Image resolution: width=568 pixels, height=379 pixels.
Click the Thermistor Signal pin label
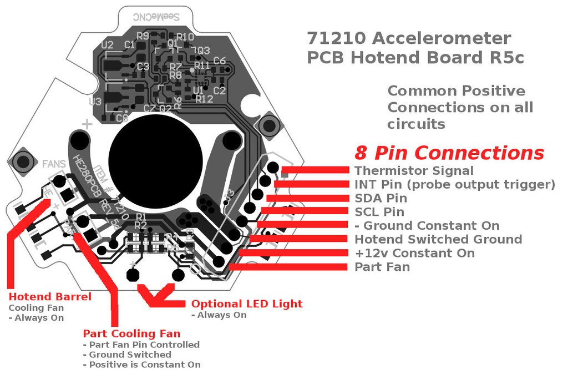pos(414,170)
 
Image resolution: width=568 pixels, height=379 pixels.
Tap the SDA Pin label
pos(381,198)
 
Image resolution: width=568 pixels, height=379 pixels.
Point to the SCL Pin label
pos(379,212)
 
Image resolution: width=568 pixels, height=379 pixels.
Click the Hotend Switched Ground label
pos(438,239)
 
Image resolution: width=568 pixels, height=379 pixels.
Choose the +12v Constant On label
pos(414,253)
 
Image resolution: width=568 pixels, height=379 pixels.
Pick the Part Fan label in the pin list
pos(382,267)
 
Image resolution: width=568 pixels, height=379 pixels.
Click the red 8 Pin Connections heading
pos(449,153)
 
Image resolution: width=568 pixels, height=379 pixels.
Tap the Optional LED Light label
pos(247,304)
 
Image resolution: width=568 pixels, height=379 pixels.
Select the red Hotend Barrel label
pos(50,296)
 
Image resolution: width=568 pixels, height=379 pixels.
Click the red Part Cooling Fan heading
pos(131,333)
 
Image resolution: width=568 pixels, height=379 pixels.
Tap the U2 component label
pos(108,45)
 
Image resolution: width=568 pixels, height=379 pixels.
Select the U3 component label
pos(95,102)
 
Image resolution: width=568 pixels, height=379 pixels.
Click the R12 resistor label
pos(204,99)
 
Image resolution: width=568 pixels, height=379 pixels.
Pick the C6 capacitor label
pos(219,61)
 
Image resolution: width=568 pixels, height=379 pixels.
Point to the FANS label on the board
pos(54,164)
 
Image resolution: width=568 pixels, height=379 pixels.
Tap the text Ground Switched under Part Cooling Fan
pos(130,355)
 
